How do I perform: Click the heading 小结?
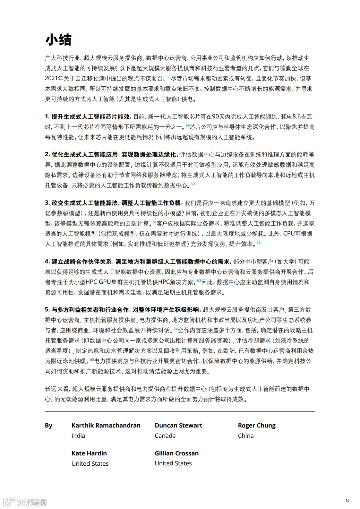point(58,40)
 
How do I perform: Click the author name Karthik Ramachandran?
point(106,425)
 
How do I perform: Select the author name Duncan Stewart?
point(178,425)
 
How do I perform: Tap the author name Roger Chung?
point(257,425)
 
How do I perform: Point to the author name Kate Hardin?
point(89,453)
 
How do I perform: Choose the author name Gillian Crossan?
point(176,453)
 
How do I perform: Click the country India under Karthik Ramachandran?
point(78,436)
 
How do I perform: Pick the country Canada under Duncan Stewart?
point(165,436)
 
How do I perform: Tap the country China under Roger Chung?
point(246,436)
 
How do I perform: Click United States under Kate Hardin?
point(90,463)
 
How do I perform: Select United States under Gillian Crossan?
point(173,463)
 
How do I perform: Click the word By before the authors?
point(49,425)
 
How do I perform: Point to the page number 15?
point(348,500)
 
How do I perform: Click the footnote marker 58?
point(168,77)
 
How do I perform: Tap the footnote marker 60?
point(193,184)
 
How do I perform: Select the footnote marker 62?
point(259,243)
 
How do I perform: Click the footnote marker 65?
point(92,360)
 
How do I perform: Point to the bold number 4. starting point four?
point(47,262)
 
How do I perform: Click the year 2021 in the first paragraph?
point(51,79)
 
